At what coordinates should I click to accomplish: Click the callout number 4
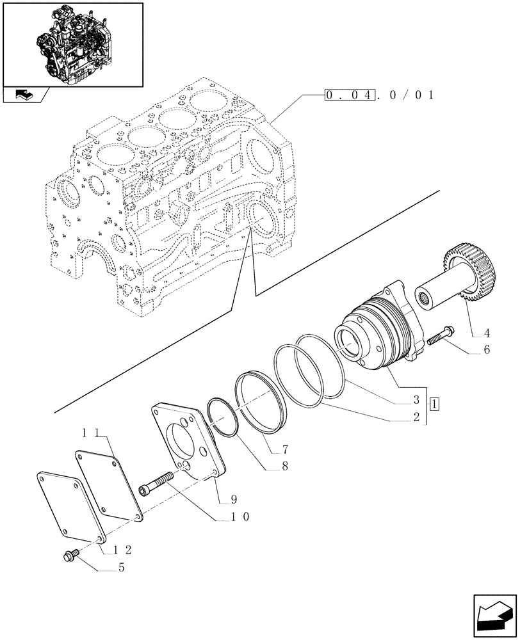point(487,333)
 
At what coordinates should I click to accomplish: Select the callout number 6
point(487,350)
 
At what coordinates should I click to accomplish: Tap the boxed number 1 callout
point(435,404)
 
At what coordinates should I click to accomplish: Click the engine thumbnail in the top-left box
point(72,44)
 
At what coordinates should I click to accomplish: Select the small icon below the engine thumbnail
point(24,95)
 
